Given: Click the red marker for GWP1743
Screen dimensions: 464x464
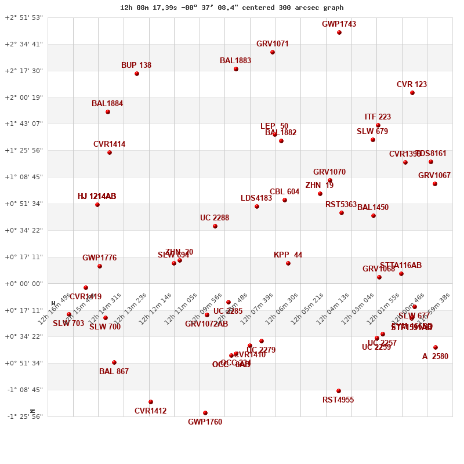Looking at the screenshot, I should (339, 32).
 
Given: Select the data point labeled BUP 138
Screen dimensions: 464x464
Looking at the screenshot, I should (137, 74).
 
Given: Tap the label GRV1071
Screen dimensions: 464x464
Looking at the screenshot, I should (272, 44).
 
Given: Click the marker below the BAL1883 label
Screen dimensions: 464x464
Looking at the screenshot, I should (236, 69).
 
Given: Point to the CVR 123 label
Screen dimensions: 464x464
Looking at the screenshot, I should (411, 85).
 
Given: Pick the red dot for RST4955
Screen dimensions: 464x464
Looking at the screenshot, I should (339, 391).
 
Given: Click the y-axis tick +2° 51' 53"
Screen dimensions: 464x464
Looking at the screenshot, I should (24, 17).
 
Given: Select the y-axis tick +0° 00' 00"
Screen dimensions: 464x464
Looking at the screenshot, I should (24, 284).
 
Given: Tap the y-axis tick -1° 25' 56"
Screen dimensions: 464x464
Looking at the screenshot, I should (24, 416).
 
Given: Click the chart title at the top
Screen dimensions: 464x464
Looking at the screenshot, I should (231, 8).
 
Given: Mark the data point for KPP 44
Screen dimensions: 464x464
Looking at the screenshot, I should (288, 263).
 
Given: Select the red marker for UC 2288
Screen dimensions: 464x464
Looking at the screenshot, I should (215, 226).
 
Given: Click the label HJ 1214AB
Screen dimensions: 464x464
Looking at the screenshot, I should (97, 197).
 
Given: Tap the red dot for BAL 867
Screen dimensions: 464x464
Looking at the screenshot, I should (114, 362).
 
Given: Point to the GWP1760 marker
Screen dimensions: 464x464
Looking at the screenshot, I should (205, 413).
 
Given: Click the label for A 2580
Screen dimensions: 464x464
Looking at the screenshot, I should (435, 357).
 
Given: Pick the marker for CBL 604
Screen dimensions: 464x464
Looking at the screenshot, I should (285, 200).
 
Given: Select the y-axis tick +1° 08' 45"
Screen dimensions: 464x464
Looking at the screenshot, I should (24, 177).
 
